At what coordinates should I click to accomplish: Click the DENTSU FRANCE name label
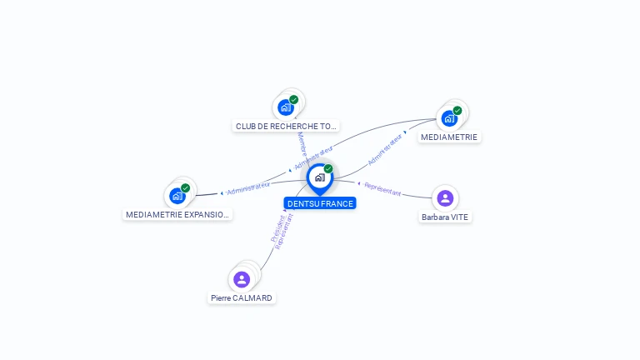[x=320, y=203]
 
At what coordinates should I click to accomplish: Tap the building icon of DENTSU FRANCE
[x=319, y=177]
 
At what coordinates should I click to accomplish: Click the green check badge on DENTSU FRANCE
[x=328, y=169]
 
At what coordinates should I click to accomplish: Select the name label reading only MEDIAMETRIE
[x=450, y=137]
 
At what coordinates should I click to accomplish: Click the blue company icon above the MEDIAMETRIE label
[x=449, y=118]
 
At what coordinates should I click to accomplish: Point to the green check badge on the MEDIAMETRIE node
[x=457, y=110]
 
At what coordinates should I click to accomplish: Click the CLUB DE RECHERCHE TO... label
[x=287, y=127]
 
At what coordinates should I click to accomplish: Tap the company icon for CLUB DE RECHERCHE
[x=285, y=107]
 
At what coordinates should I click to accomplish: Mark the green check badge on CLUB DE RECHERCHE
[x=293, y=99]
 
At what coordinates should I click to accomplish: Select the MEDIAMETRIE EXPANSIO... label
[x=177, y=214]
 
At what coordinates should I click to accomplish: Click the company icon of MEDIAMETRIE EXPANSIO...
[x=177, y=197]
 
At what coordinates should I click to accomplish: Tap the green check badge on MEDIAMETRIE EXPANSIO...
[x=185, y=188]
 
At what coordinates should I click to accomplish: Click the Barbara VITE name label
[x=445, y=217]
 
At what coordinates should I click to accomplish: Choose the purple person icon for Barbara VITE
[x=445, y=197]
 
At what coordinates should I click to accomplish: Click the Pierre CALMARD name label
[x=242, y=297]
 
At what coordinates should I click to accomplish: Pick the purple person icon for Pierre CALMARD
[x=242, y=279]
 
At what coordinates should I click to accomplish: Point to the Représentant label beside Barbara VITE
[x=382, y=189]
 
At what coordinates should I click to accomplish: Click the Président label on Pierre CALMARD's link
[x=278, y=227]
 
